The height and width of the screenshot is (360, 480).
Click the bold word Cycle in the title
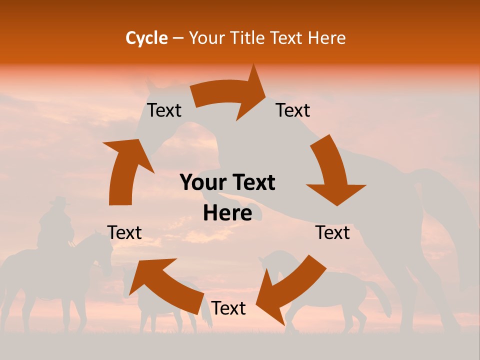tap(146, 38)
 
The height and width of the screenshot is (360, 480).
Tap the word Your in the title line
tap(206, 38)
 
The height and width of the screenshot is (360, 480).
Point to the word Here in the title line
tap(326, 38)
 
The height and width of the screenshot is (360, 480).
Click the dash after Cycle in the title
tap(178, 38)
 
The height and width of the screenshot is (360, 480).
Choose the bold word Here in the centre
tap(227, 213)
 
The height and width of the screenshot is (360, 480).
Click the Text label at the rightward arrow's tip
tap(293, 110)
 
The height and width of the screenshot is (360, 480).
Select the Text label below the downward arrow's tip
tap(332, 232)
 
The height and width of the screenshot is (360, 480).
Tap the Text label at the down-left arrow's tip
tap(228, 308)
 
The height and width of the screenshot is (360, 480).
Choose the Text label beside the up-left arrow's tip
tap(124, 232)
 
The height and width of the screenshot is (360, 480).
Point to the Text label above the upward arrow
tap(164, 110)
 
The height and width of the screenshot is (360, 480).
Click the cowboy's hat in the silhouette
tap(58, 201)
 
